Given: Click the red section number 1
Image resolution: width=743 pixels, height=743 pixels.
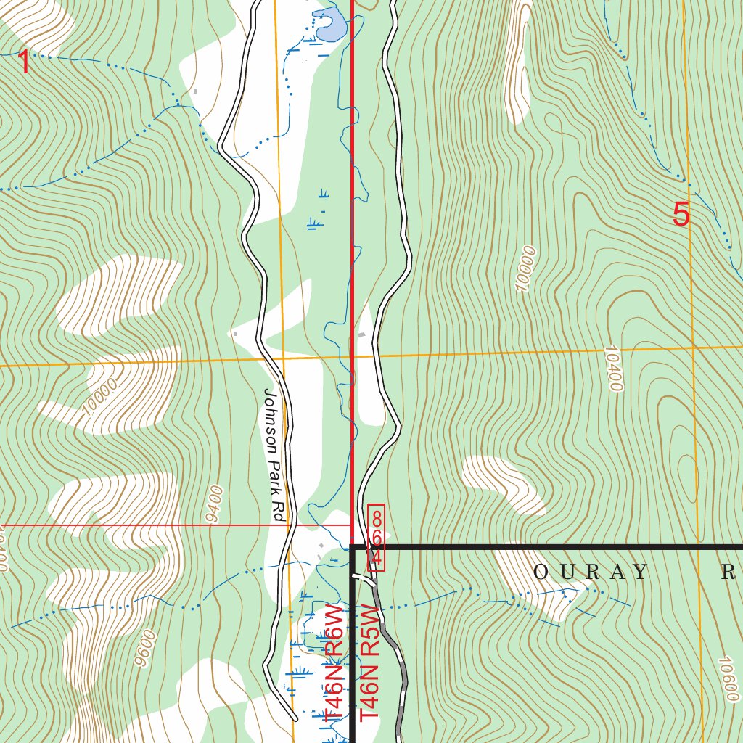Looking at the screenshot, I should tap(24, 63).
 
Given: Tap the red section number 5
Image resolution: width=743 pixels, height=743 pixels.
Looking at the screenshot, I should tap(681, 215).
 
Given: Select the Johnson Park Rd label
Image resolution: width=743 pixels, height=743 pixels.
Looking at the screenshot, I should tap(273, 454).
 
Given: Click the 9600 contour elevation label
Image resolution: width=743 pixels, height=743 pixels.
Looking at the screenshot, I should tap(145, 647).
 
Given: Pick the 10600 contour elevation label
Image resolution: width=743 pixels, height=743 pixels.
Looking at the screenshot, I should tap(727, 678).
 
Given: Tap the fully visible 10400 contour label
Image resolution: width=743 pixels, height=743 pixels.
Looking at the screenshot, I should tap(612, 369).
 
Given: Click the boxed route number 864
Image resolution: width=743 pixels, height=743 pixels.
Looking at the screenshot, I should tap(376, 536).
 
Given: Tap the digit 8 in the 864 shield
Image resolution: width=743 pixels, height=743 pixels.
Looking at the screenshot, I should tap(376, 518).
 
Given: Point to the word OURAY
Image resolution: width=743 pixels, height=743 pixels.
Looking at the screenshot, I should tap(590, 572).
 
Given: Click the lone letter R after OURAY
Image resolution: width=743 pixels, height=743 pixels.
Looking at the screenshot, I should tap(728, 572).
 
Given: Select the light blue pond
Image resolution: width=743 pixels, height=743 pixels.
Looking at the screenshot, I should tap(329, 26).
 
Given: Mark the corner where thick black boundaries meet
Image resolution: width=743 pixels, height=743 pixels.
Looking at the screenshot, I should tap(353, 546).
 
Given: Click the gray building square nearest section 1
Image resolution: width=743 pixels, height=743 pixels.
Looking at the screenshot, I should tap(194, 91).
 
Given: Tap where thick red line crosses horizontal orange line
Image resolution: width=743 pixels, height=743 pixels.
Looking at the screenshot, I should tap(353, 357).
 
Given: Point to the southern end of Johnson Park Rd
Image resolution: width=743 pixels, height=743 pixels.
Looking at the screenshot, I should tap(295, 718).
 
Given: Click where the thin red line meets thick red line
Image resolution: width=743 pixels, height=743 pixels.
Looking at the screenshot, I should tap(353, 525).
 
